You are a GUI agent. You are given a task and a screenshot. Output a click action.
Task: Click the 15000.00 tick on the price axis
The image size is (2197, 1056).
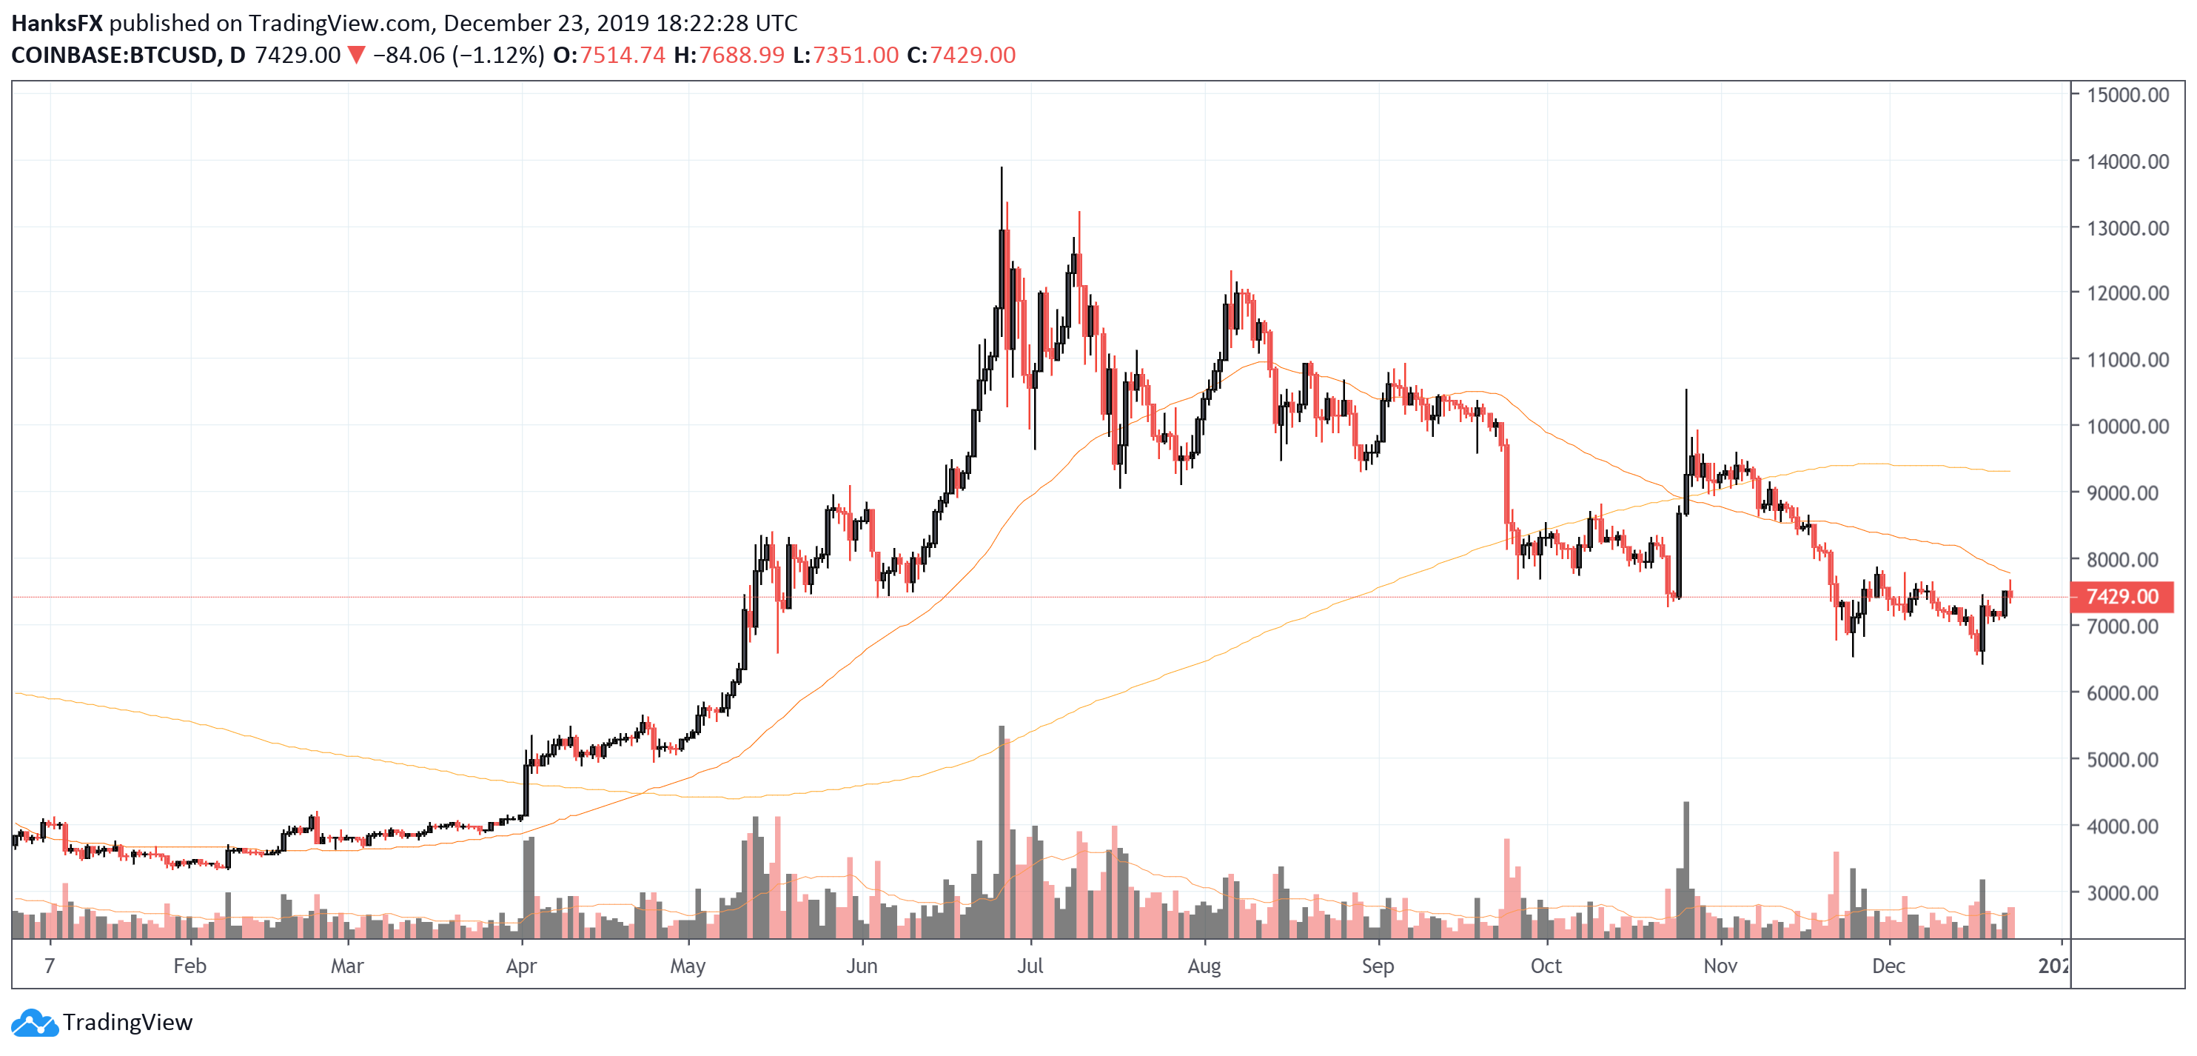(x=2127, y=95)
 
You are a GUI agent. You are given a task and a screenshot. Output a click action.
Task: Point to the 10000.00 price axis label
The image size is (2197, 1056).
(x=2127, y=427)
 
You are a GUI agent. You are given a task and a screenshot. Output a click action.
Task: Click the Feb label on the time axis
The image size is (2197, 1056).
(x=189, y=966)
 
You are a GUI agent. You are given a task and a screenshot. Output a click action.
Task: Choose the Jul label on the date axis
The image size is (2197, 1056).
(x=1030, y=966)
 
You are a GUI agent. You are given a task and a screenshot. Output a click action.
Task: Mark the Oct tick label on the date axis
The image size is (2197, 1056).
(x=1546, y=966)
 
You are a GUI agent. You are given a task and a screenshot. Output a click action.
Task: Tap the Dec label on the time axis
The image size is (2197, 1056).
(x=1888, y=966)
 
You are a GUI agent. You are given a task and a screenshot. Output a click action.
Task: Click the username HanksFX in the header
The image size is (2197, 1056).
(x=56, y=23)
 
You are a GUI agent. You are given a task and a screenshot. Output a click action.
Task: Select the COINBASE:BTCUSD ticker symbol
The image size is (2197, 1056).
(x=114, y=56)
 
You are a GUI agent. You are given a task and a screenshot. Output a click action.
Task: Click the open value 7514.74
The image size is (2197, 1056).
(x=622, y=56)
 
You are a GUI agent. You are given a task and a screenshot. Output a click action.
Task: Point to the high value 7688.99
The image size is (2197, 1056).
(x=741, y=56)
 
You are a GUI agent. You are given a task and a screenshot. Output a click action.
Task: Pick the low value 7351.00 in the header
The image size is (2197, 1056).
(x=856, y=56)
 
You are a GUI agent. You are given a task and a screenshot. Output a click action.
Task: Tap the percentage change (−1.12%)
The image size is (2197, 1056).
(x=498, y=56)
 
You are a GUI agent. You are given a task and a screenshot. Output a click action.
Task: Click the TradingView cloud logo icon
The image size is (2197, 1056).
(x=34, y=1022)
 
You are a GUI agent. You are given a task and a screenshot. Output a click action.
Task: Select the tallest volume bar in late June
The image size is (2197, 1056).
(x=1002, y=832)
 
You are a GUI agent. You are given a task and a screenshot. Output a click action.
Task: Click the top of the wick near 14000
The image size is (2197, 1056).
(x=1002, y=169)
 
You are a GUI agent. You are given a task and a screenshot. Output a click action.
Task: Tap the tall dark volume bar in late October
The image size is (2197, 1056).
(x=1686, y=870)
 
